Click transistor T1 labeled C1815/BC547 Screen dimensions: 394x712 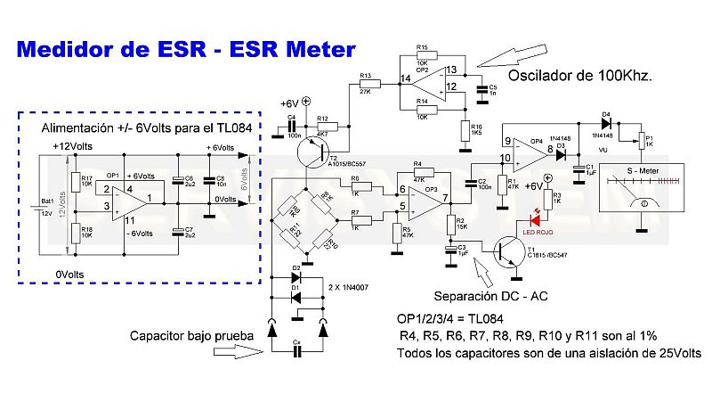507,251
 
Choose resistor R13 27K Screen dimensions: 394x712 366,83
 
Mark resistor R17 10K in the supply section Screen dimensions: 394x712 75,182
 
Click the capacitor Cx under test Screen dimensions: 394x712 297,351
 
